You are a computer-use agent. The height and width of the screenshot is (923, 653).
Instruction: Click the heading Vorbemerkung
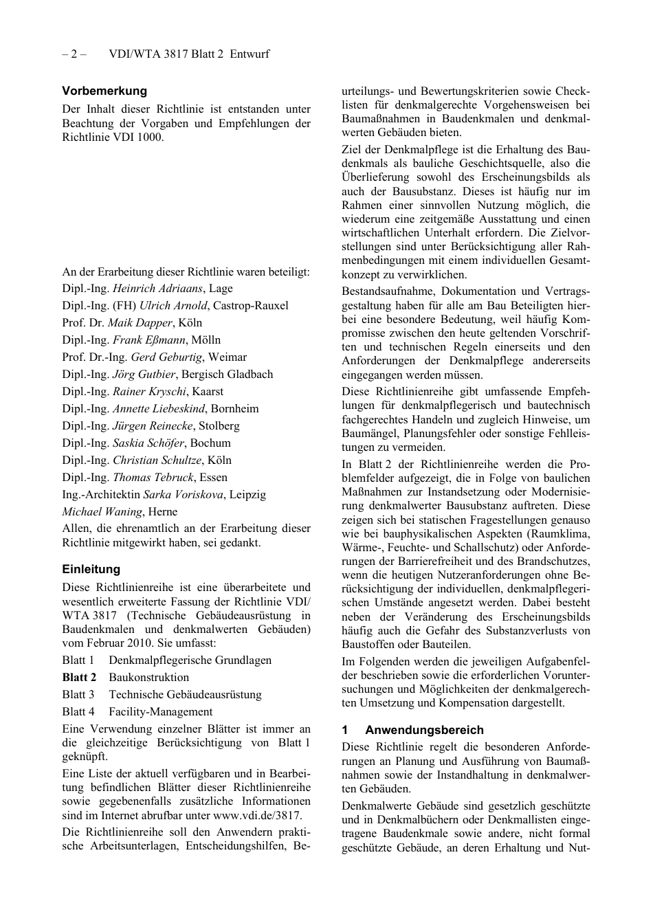104,91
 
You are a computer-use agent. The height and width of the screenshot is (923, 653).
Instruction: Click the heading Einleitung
91,569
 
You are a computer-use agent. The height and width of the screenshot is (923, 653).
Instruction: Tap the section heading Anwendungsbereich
424,730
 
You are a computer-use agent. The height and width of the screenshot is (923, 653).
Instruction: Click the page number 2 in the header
74,54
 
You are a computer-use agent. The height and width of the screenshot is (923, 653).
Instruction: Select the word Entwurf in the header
250,54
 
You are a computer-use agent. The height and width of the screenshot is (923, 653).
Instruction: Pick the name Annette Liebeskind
159,409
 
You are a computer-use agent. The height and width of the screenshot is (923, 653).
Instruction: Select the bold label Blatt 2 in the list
79,678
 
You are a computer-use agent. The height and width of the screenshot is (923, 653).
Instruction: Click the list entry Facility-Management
160,712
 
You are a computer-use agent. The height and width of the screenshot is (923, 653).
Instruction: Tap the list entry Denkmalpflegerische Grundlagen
190,660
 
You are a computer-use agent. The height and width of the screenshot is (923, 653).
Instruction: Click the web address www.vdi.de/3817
256,816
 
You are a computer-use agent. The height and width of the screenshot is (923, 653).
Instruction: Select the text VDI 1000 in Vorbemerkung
140,137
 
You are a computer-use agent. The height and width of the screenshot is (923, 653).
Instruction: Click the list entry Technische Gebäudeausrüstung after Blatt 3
185,695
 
